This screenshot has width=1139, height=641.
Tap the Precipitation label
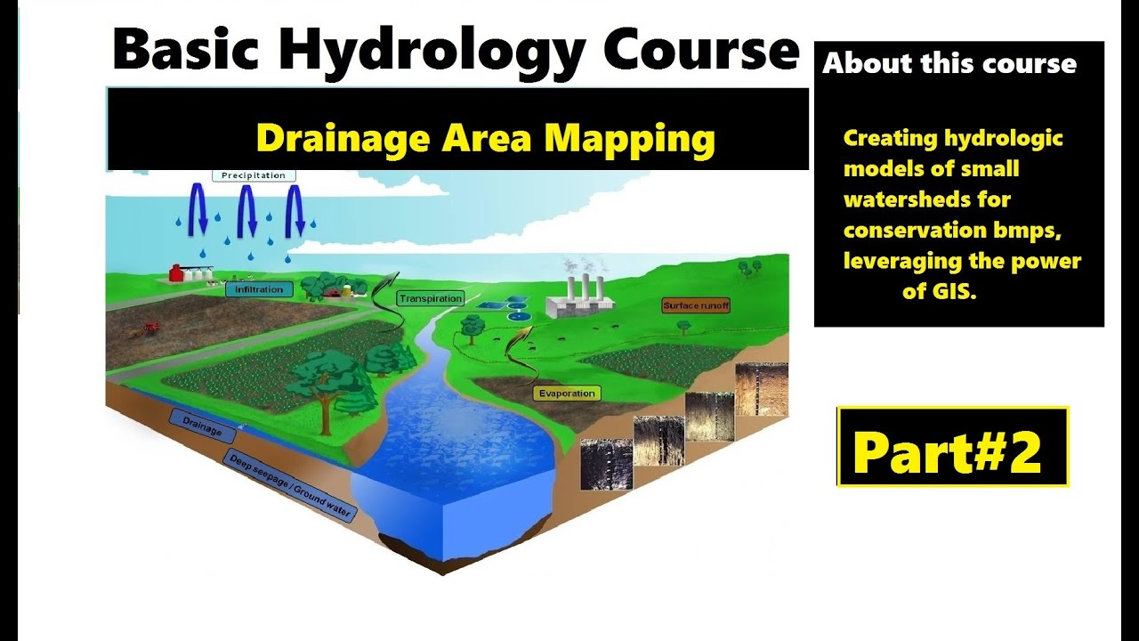click(254, 175)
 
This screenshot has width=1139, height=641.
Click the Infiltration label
click(259, 289)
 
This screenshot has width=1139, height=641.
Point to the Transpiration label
click(431, 299)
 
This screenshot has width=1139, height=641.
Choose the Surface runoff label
click(696, 305)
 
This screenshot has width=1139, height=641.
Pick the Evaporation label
click(566, 394)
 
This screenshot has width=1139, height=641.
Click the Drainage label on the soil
click(202, 427)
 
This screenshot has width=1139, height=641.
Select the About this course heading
click(949, 64)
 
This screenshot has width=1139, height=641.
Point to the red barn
click(176, 272)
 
